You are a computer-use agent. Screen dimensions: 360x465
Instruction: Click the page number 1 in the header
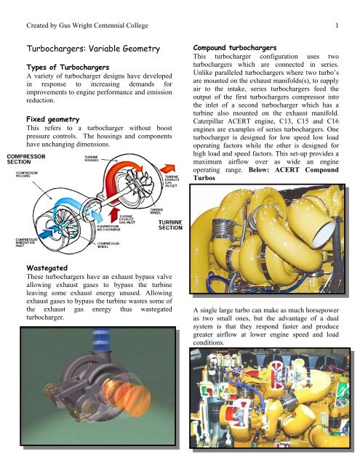pyautogui.click(x=340, y=8)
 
